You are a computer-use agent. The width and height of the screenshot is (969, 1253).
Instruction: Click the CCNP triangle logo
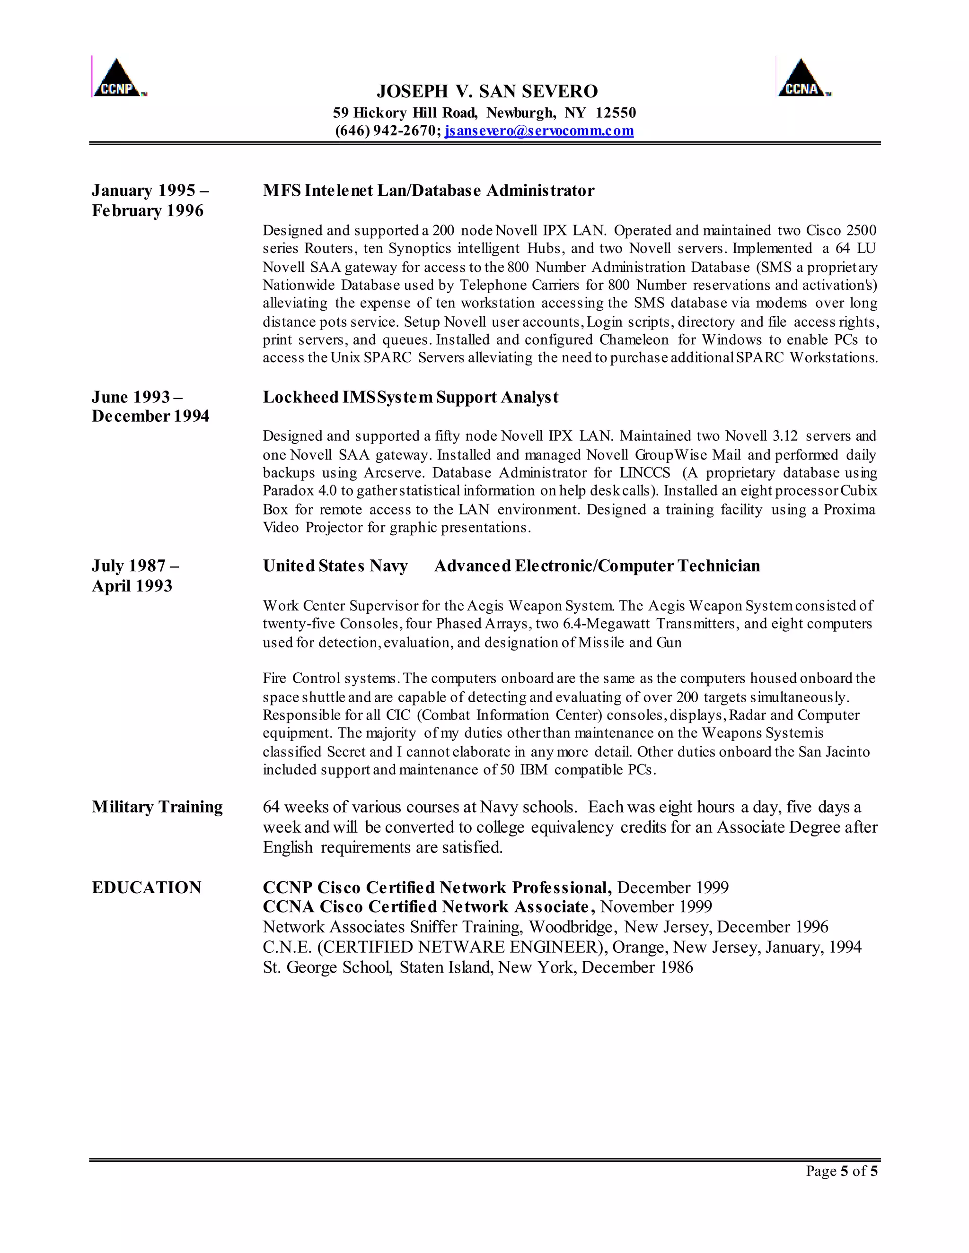(x=119, y=78)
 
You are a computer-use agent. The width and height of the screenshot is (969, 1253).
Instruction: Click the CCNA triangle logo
(x=802, y=78)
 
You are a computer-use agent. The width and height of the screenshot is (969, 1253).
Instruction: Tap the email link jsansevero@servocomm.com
(x=539, y=131)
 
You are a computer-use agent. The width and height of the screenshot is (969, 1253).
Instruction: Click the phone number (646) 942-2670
(x=387, y=131)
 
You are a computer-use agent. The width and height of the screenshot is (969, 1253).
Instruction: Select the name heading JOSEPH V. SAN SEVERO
(x=487, y=91)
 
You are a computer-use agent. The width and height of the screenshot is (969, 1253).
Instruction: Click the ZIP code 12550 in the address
(x=616, y=113)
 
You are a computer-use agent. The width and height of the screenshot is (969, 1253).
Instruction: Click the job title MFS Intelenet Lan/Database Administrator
(x=428, y=191)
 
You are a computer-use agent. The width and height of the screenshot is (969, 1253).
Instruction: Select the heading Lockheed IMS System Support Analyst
(x=410, y=397)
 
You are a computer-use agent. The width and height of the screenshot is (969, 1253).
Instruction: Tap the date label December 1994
(x=150, y=416)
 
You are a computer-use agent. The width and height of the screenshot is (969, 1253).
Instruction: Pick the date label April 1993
(x=132, y=586)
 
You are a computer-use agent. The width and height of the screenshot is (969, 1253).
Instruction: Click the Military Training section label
(x=157, y=807)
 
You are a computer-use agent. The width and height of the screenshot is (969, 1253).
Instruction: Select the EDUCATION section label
(x=146, y=888)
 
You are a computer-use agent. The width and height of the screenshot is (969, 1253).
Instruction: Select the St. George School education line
(x=477, y=967)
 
